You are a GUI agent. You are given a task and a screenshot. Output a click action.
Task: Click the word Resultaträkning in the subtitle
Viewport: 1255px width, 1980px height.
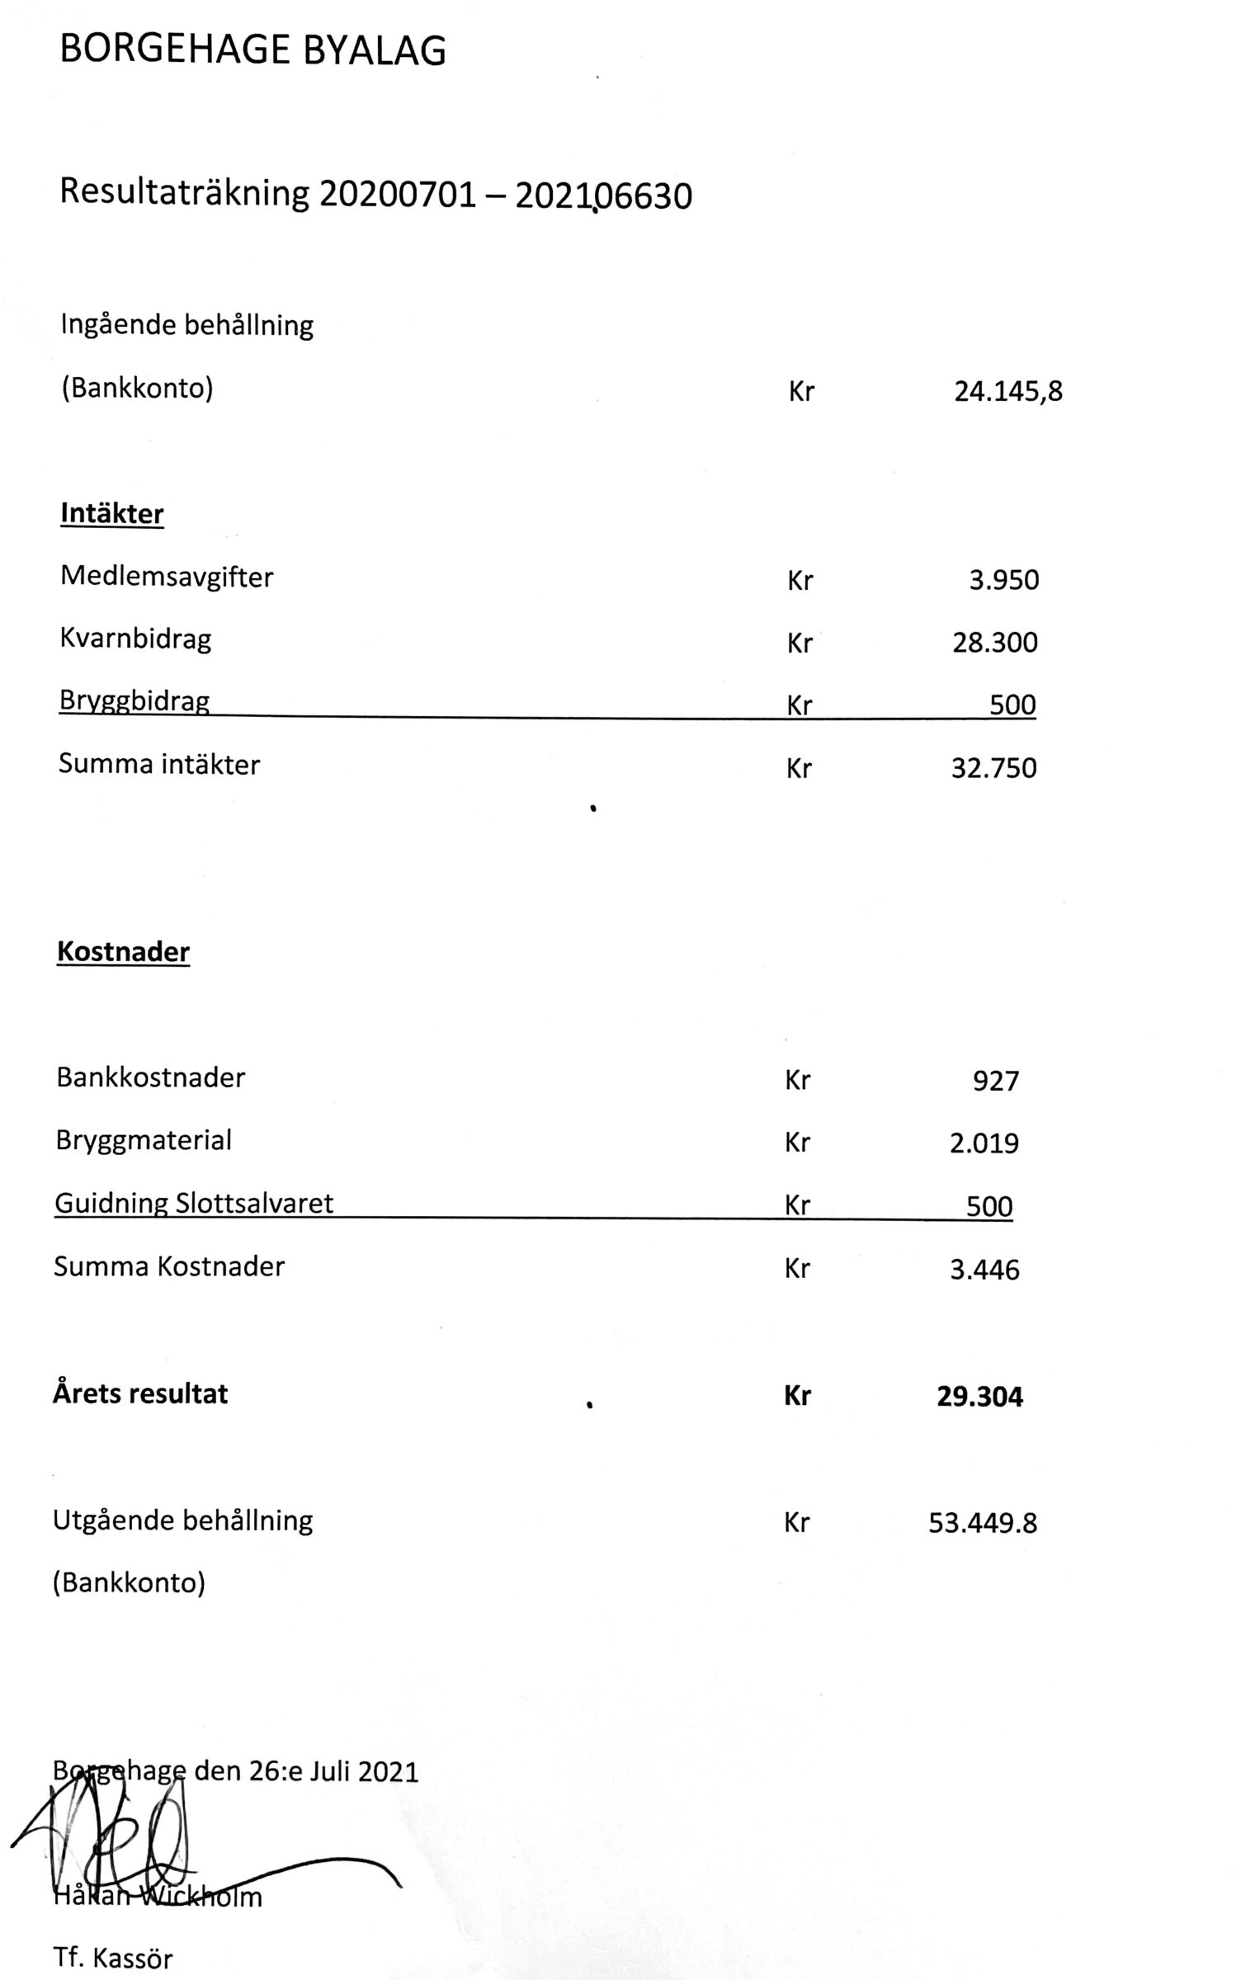[x=184, y=194]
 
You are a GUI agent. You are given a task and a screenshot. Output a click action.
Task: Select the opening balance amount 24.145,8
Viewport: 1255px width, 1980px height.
[x=1007, y=390]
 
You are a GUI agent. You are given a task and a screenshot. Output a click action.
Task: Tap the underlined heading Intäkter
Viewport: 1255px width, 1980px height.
[x=112, y=514]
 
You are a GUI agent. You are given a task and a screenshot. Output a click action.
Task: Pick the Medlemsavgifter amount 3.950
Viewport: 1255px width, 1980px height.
[x=1003, y=580]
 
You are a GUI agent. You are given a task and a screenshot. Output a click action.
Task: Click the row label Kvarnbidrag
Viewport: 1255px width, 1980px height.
[x=135, y=639]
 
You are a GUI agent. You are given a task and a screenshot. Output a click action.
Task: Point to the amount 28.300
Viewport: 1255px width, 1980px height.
[x=994, y=643]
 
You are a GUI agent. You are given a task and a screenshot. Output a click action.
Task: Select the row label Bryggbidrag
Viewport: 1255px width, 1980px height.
[x=134, y=702]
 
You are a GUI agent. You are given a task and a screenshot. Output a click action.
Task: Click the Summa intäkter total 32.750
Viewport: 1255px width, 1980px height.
[x=993, y=768]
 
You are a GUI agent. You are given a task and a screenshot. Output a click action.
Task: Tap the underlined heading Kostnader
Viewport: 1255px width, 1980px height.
[x=123, y=952]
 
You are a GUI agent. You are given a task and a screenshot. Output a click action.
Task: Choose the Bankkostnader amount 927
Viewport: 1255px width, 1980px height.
[x=995, y=1081]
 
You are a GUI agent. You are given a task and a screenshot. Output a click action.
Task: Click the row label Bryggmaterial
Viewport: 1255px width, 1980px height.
[x=144, y=1140]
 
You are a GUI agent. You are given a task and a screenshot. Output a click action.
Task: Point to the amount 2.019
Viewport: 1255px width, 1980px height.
[x=984, y=1143]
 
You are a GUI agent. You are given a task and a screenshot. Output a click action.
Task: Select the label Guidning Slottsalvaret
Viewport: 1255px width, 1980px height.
[x=194, y=1203]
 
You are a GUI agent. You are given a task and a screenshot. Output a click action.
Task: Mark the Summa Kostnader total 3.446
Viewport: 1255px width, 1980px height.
[x=984, y=1269]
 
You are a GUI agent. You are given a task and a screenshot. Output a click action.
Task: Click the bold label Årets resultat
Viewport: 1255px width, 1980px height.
[x=140, y=1394]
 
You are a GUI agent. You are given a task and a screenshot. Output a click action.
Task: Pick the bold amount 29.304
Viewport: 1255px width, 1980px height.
[x=979, y=1397]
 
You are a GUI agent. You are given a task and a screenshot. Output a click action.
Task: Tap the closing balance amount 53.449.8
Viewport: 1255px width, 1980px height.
[x=982, y=1523]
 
